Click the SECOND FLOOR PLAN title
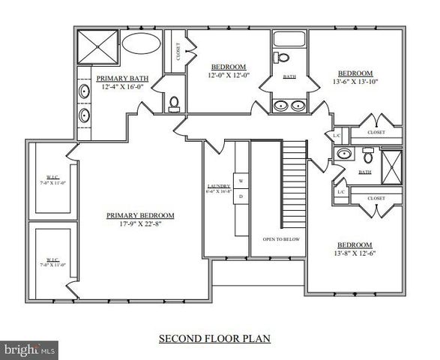(x=214, y=338)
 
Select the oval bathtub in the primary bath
(x=141, y=42)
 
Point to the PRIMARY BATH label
(x=122, y=78)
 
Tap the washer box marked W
(x=241, y=181)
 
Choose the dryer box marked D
(x=241, y=196)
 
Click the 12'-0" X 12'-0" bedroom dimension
(x=229, y=75)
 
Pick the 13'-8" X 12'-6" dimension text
(x=355, y=253)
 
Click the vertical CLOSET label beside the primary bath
(x=178, y=51)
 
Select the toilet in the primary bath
(x=174, y=103)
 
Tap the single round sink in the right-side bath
(x=345, y=154)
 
